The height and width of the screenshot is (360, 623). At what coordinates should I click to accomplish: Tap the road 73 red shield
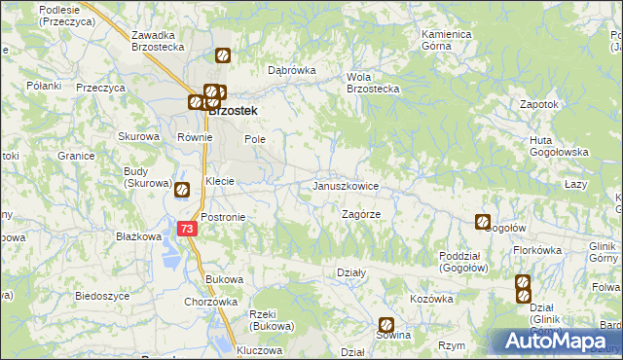click(x=189, y=229)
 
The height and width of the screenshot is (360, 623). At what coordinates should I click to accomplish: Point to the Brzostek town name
click(x=234, y=111)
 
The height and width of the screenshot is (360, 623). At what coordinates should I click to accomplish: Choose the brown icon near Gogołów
click(x=482, y=222)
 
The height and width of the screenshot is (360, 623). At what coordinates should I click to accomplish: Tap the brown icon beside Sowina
click(x=386, y=325)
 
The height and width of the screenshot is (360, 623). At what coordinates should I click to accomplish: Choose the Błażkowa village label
click(x=137, y=236)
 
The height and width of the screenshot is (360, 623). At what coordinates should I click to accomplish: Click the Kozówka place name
click(x=431, y=299)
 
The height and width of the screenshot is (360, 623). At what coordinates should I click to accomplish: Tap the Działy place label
click(x=350, y=273)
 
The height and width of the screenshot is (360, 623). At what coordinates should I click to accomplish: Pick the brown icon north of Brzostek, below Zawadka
click(x=223, y=56)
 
